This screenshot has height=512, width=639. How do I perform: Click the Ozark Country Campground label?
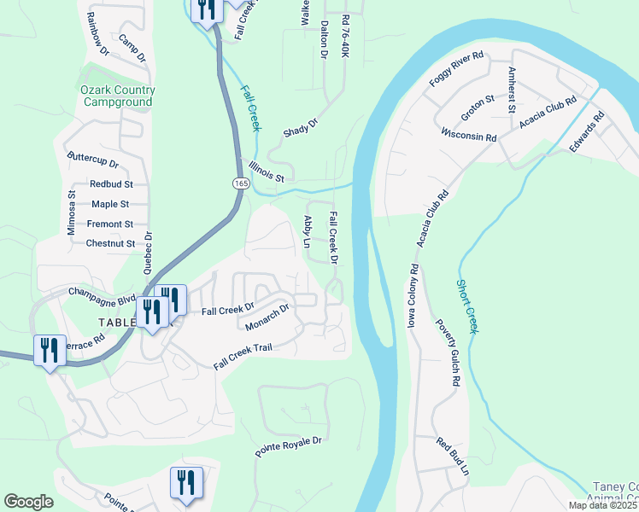tap(118, 96)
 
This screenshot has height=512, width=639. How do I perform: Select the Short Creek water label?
tap(467, 307)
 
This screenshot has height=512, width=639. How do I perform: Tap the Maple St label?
tap(110, 204)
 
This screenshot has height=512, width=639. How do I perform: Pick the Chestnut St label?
tap(110, 243)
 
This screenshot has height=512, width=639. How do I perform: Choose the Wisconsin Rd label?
tap(469, 136)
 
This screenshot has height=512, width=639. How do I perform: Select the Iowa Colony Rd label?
tap(413, 295)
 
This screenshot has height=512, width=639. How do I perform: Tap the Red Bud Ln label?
tap(453, 457)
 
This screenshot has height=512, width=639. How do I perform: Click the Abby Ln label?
tap(308, 230)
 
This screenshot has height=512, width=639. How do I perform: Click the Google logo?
tap(28, 502)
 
